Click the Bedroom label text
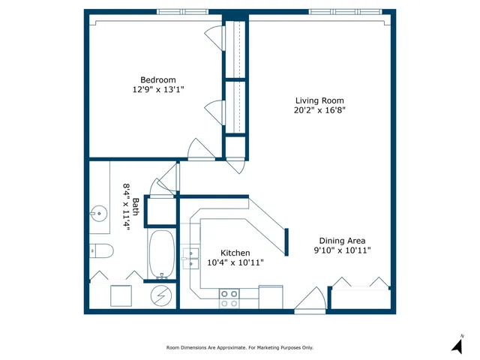(157, 80)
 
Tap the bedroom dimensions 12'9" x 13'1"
(157, 89)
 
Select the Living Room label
(319, 100)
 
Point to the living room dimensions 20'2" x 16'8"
(319, 110)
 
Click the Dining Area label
(342, 241)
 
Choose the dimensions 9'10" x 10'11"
(342, 250)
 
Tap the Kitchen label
(235, 253)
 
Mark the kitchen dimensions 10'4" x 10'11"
(235, 262)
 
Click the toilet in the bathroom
(101, 250)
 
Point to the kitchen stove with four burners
(229, 298)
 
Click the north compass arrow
(456, 346)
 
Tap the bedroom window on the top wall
(183, 12)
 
